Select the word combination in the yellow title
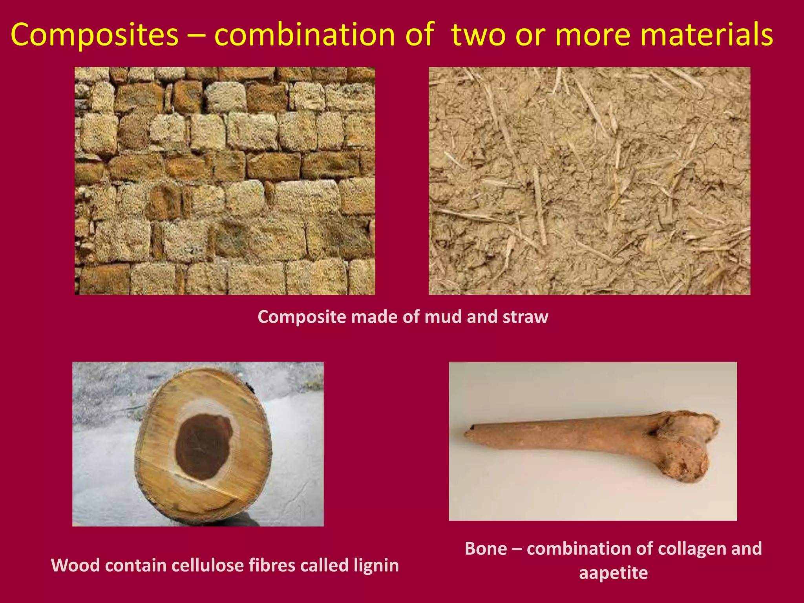305,35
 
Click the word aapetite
613,572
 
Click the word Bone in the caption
486,548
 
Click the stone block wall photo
225,181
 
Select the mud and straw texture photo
589,181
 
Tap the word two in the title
479,35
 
